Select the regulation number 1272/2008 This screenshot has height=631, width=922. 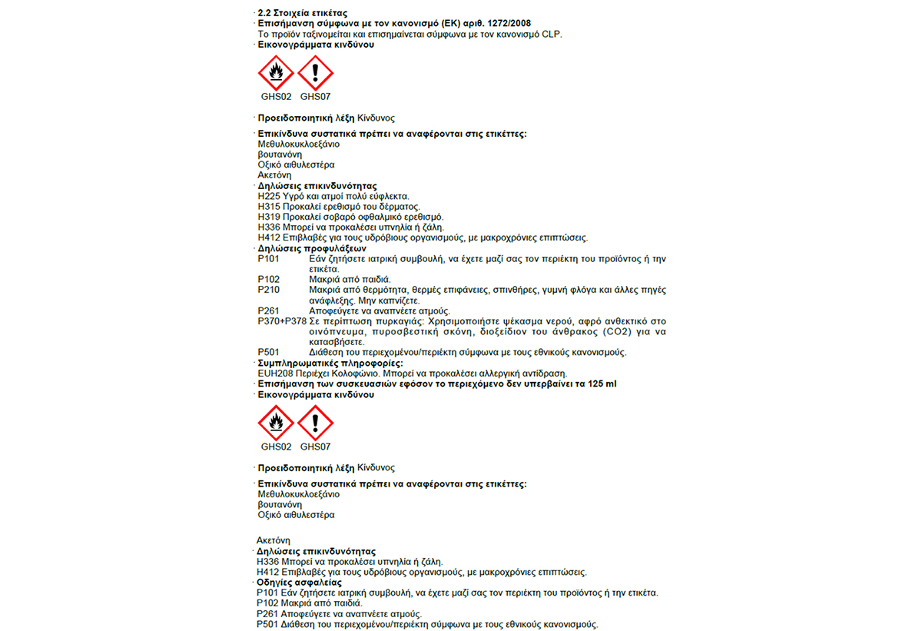pos(503,24)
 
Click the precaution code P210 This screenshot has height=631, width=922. pos(269,290)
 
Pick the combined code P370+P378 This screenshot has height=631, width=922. pos(282,321)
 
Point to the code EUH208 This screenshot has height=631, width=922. pos(272,374)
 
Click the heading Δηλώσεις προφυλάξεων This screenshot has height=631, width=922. pos(312,248)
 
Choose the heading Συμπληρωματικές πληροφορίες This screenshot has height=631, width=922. pos(330,363)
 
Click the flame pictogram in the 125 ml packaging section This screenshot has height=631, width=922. pos(276,423)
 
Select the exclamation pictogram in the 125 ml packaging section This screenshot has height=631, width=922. pos(315,423)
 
